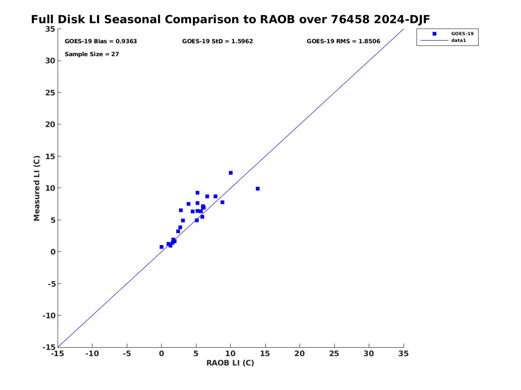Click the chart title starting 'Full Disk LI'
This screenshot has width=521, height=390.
click(x=230, y=19)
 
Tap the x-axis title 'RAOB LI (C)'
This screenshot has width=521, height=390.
click(x=230, y=363)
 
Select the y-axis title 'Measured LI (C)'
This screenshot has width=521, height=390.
click(x=37, y=188)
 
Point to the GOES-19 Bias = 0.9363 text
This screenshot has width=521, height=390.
click(x=101, y=41)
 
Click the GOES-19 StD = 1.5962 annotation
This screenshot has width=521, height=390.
click(x=217, y=41)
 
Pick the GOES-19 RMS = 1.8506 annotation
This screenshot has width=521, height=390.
click(x=343, y=41)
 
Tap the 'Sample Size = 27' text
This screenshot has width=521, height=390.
click(x=92, y=54)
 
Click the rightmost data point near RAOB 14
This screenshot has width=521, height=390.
click(x=258, y=189)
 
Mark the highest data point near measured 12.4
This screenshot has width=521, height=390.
click(x=231, y=173)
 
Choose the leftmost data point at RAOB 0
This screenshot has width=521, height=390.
click(x=162, y=247)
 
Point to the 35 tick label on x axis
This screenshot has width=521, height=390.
click(x=404, y=354)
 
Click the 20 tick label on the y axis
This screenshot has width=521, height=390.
click(x=50, y=124)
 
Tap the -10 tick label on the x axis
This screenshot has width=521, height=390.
click(x=92, y=354)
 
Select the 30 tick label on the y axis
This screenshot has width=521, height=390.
click(x=50, y=61)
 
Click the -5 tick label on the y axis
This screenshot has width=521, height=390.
click(x=51, y=283)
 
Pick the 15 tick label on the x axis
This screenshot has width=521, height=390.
click(x=265, y=354)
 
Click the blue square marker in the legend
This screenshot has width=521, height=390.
click(x=434, y=33)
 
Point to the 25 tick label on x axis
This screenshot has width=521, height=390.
click(x=334, y=354)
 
